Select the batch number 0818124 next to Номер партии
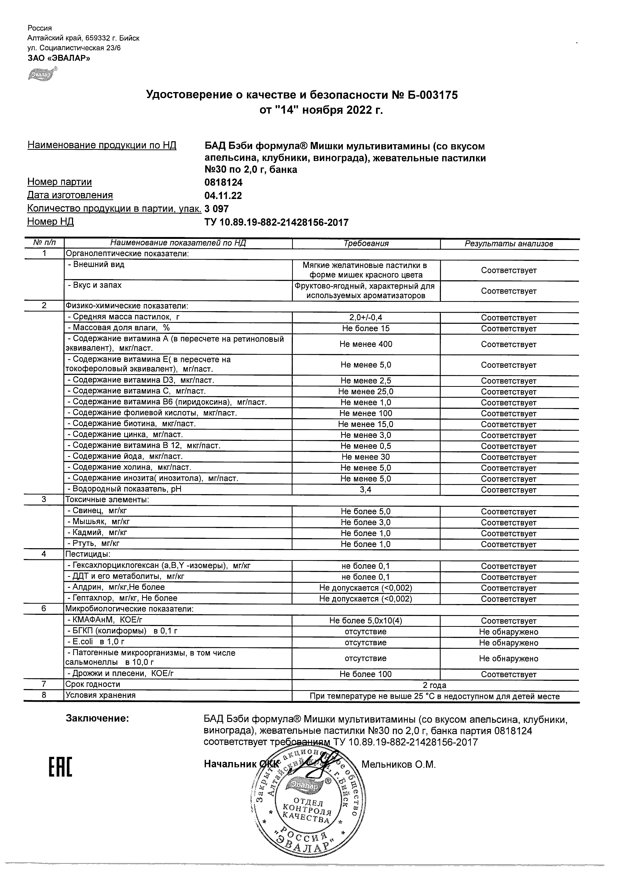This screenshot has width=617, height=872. [x=223, y=183]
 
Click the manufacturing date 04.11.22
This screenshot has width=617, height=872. [x=223, y=196]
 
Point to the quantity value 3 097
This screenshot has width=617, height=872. [x=217, y=209]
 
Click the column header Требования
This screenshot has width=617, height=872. [x=366, y=244]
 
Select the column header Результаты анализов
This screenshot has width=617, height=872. [x=509, y=244]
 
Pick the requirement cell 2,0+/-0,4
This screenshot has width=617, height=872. [x=366, y=317]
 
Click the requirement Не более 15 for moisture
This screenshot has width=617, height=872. [x=366, y=329]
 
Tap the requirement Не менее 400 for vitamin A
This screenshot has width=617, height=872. [x=366, y=344]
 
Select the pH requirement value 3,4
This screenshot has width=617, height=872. [x=366, y=490]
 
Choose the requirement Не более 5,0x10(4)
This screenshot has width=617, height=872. [x=366, y=621]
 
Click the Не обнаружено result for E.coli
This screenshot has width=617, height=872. [x=509, y=642]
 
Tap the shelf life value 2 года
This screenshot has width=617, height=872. [x=435, y=686]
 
